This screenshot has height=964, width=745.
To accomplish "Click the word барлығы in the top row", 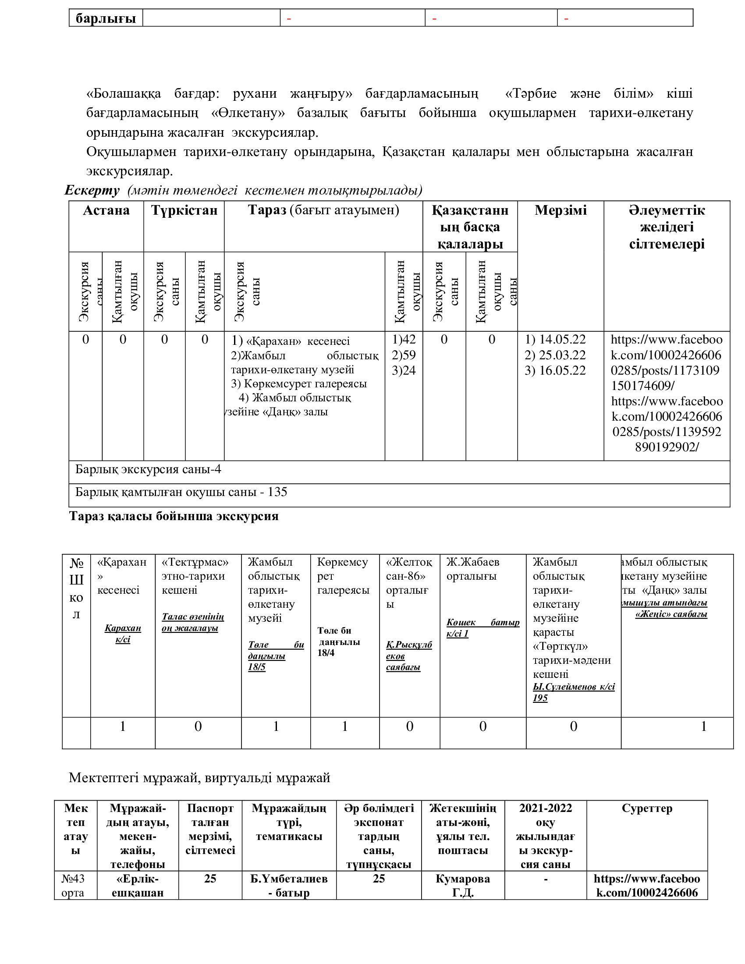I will tap(106, 18).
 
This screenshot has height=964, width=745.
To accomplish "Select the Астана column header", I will tap(106, 210).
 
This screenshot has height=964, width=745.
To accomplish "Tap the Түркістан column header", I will tap(184, 210).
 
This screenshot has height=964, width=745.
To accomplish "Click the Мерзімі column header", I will tap(561, 210).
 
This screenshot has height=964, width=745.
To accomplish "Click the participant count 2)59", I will tap(404, 355).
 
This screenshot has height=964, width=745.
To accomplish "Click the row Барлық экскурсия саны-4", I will tap(148, 469).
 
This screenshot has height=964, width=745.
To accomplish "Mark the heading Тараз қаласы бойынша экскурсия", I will tap(174, 516).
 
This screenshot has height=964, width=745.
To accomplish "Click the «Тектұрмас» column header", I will tap(195, 562).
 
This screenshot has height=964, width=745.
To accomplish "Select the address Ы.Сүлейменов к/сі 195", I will tap(573, 692).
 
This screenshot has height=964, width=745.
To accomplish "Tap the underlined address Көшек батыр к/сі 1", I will tap(482, 627).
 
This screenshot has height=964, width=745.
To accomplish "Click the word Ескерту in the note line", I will tap(92, 190).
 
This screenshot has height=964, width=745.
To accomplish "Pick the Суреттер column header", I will tap(646, 808).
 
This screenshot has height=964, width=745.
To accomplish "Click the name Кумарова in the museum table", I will tap(462, 879).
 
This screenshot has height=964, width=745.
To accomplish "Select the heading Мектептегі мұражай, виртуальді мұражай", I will tap(199, 777).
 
